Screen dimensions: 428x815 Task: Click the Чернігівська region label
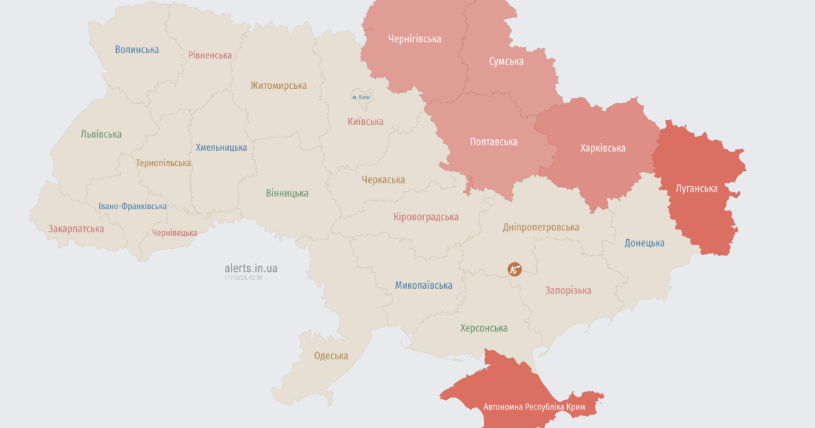pyautogui.click(x=414, y=39)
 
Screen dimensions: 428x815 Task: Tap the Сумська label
pyautogui.click(x=506, y=61)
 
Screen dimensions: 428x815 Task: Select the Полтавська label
pyautogui.click(x=493, y=141)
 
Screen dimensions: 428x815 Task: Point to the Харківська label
pyautogui.click(x=602, y=147)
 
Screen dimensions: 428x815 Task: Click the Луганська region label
pyautogui.click(x=696, y=188)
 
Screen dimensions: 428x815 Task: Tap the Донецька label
pyautogui.click(x=644, y=243)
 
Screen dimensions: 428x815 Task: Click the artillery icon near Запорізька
pyautogui.click(x=515, y=269)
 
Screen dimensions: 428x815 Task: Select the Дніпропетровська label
pyautogui.click(x=541, y=227)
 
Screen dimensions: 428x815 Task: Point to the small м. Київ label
pyautogui.click(x=361, y=97)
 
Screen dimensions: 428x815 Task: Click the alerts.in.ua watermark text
pyautogui.click(x=251, y=268)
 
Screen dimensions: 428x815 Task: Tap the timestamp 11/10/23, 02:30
pyautogui.click(x=243, y=278)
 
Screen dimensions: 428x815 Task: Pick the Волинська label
pyautogui.click(x=137, y=50)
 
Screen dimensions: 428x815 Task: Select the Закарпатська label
pyautogui.click(x=76, y=228)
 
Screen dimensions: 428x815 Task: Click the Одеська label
pyautogui.click(x=331, y=355)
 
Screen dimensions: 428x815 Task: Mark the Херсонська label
pyautogui.click(x=484, y=328)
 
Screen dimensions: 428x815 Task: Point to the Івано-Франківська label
pyautogui.click(x=132, y=207)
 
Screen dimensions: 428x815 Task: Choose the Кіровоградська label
pyautogui.click(x=426, y=217)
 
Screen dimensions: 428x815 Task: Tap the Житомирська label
pyautogui.click(x=278, y=86)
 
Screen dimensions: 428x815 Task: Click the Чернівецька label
pyautogui.click(x=175, y=232)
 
